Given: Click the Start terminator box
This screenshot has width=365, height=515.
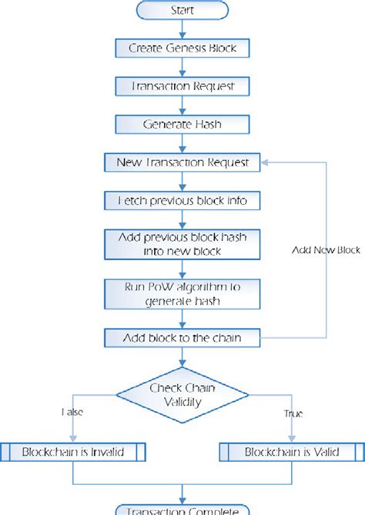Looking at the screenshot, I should [182, 11].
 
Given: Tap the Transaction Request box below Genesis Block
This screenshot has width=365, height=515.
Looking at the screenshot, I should [182, 87].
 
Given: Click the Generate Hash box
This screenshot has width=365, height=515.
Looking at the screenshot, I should [182, 124].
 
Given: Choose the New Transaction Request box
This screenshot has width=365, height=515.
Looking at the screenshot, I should [182, 162].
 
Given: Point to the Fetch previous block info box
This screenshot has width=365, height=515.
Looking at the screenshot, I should [182, 200].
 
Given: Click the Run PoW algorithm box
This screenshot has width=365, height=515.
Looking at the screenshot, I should [182, 293].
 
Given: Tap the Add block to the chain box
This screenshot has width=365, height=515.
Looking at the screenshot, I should [182, 337].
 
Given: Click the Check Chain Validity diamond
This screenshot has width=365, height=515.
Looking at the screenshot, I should [182, 393].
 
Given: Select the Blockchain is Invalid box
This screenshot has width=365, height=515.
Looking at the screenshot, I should [72, 452].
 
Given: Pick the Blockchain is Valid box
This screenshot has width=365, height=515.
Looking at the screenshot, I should [292, 452].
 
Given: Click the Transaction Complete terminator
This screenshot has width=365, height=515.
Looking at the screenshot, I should [182, 510].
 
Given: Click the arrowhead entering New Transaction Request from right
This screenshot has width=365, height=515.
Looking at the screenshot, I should [264, 162].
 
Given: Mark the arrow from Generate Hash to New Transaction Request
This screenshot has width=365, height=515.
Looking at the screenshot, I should [182, 143].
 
